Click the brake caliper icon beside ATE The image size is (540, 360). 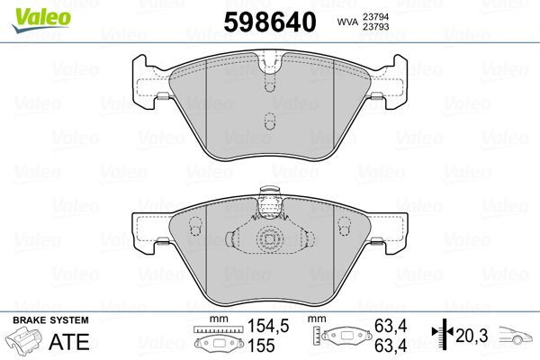coord(27,344)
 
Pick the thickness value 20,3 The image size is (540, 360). coord(471,335)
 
